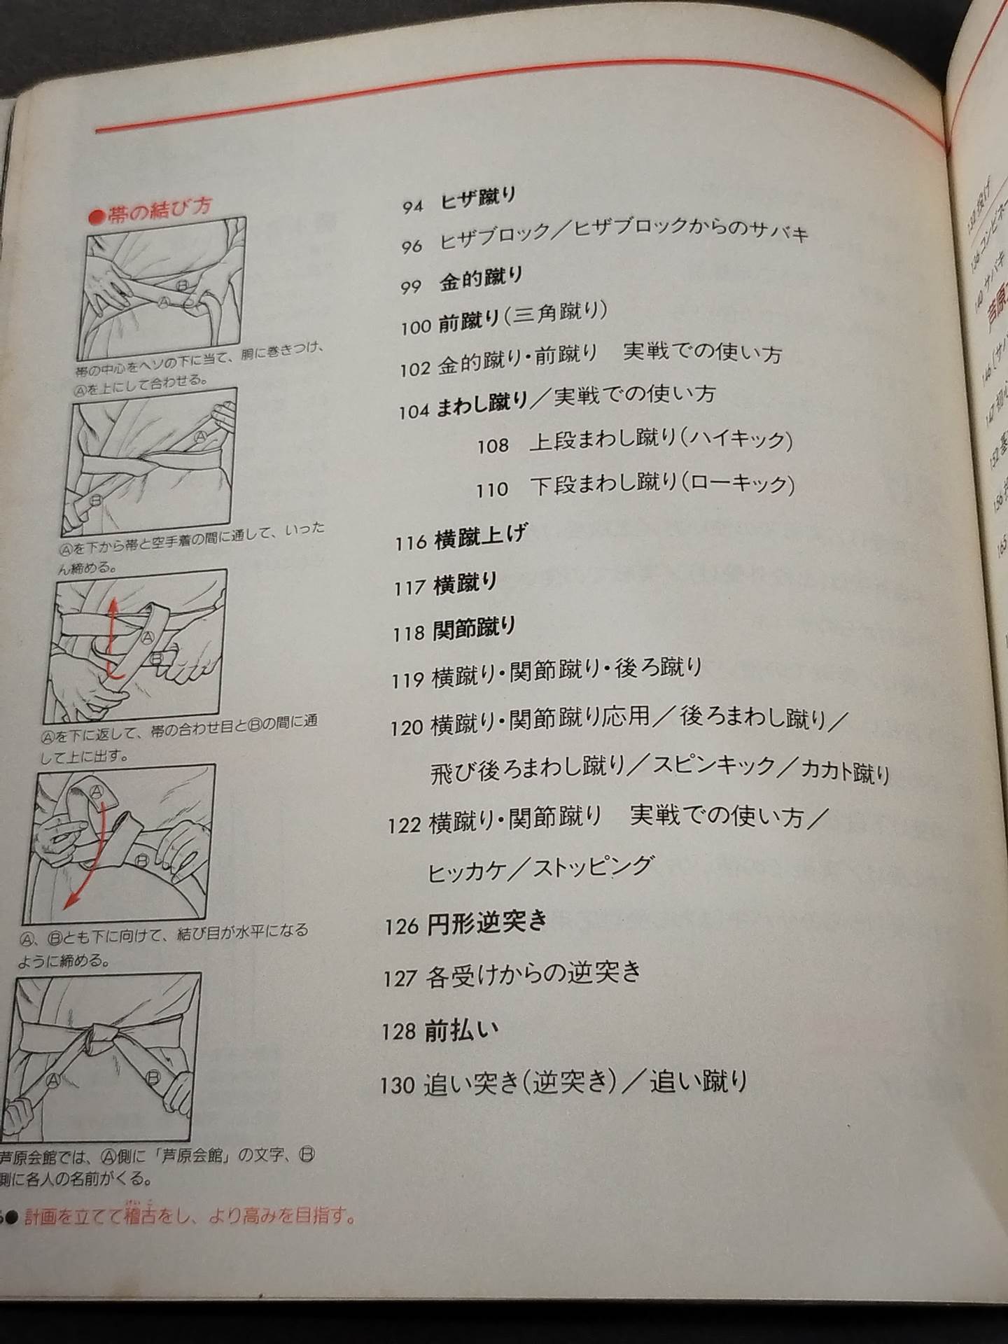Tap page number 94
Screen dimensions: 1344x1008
(412, 206)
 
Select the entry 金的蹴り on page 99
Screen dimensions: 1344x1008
(481, 280)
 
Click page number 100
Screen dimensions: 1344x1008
(415, 326)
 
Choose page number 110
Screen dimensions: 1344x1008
(491, 489)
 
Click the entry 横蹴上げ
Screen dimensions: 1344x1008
(480, 538)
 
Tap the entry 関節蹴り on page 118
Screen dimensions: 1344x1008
(474, 628)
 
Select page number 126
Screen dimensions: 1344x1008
(401, 927)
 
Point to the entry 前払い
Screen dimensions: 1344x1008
(461, 1030)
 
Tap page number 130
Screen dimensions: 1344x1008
(398, 1086)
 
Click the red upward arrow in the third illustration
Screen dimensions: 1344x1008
(111, 633)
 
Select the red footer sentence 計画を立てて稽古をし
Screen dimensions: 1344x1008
(189, 1217)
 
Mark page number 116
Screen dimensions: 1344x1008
(410, 542)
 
